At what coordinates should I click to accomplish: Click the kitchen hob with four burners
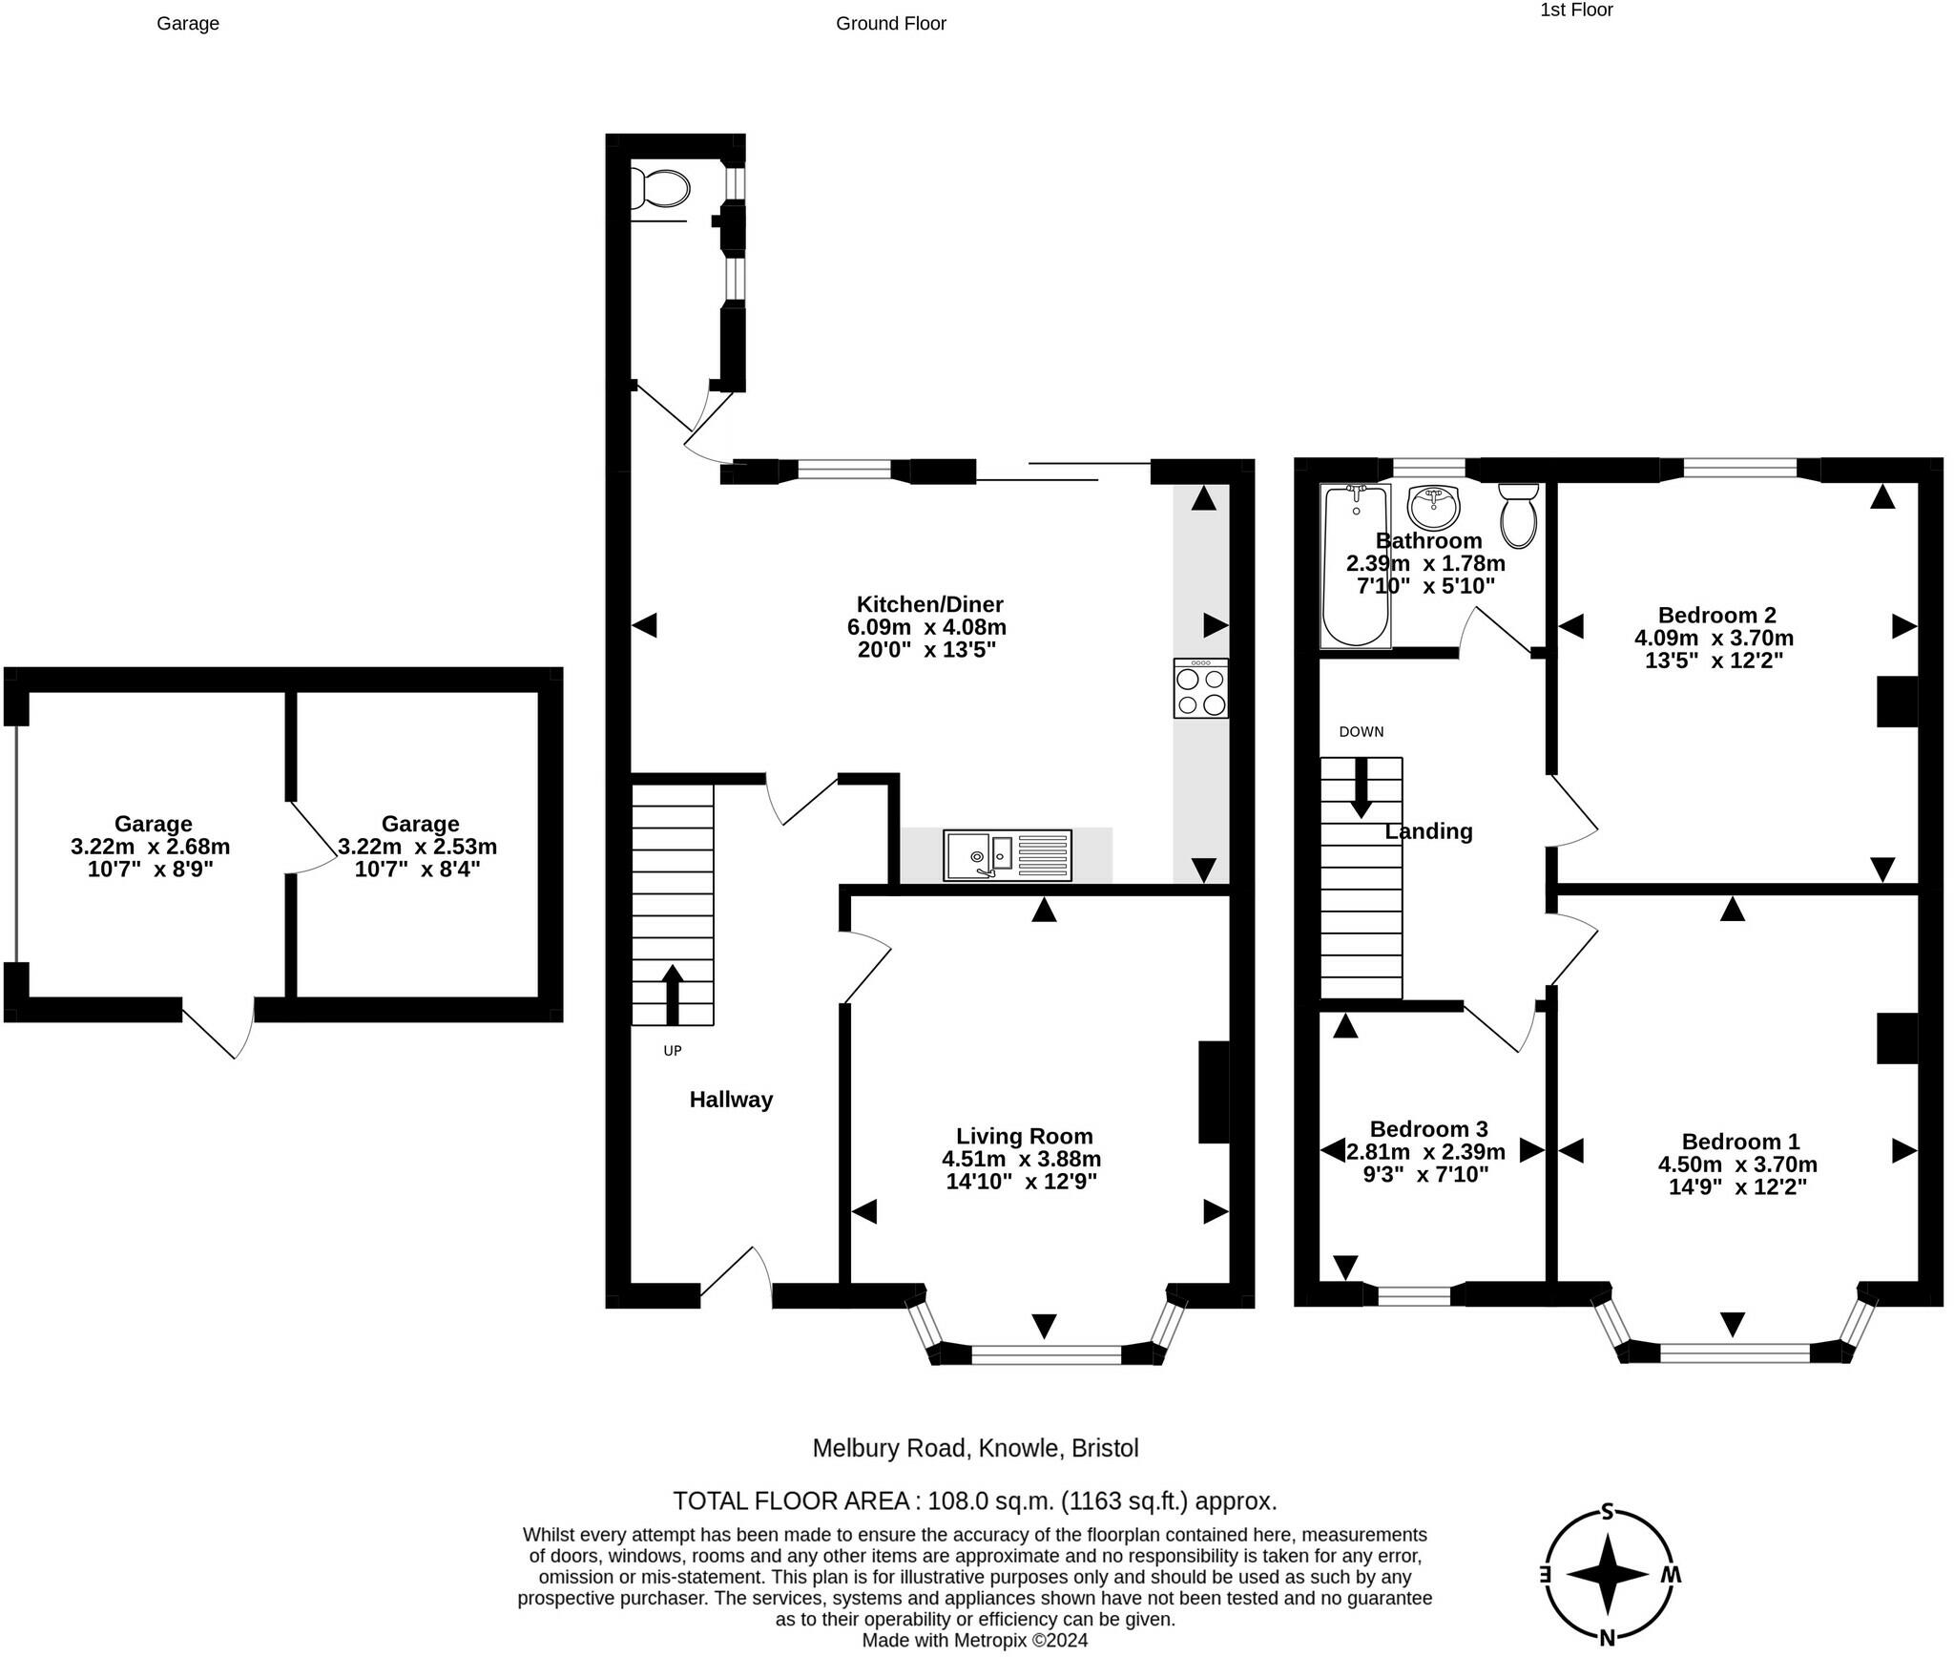point(1201,687)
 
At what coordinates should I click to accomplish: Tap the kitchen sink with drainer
point(1008,855)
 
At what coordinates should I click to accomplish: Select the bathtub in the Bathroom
point(1355,566)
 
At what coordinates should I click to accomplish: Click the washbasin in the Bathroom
point(1434,507)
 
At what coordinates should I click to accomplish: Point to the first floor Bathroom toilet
point(1518,514)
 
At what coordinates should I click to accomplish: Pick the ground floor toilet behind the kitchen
point(659,189)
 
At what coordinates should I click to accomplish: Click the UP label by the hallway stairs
point(673,1051)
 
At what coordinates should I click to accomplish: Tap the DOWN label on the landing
point(1361,732)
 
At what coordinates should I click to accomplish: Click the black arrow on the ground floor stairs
point(673,995)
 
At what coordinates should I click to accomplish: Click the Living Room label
point(1024,1136)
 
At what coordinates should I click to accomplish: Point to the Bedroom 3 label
point(1428,1129)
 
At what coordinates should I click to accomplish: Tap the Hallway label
point(731,1100)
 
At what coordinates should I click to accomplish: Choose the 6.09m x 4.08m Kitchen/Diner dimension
point(926,627)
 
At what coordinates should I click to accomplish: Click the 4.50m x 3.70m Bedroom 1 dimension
point(1737,1164)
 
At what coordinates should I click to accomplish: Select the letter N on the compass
point(1608,1638)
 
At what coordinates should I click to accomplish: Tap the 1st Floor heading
point(1576,10)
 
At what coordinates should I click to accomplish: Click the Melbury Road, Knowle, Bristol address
point(975,1448)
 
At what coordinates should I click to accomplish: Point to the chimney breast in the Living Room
point(1214,1092)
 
